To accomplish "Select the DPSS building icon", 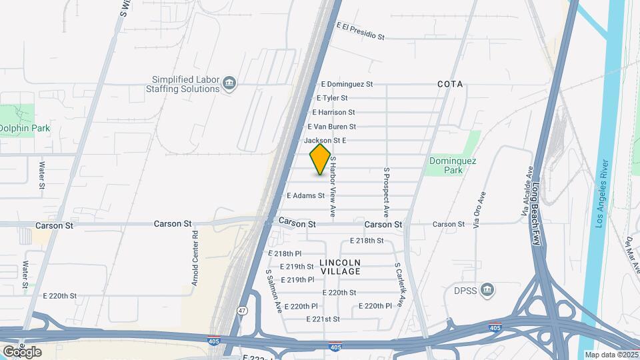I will coord(488,290).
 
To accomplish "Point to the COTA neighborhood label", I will coord(450,85).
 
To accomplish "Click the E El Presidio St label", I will coord(361,31).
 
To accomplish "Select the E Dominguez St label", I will coord(347,85).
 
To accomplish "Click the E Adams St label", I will coord(305,196).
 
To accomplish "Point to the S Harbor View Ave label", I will coord(332,188).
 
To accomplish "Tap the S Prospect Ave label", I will coord(385,192).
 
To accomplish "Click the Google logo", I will coord(21,351).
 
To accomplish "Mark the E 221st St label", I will coord(323,319).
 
